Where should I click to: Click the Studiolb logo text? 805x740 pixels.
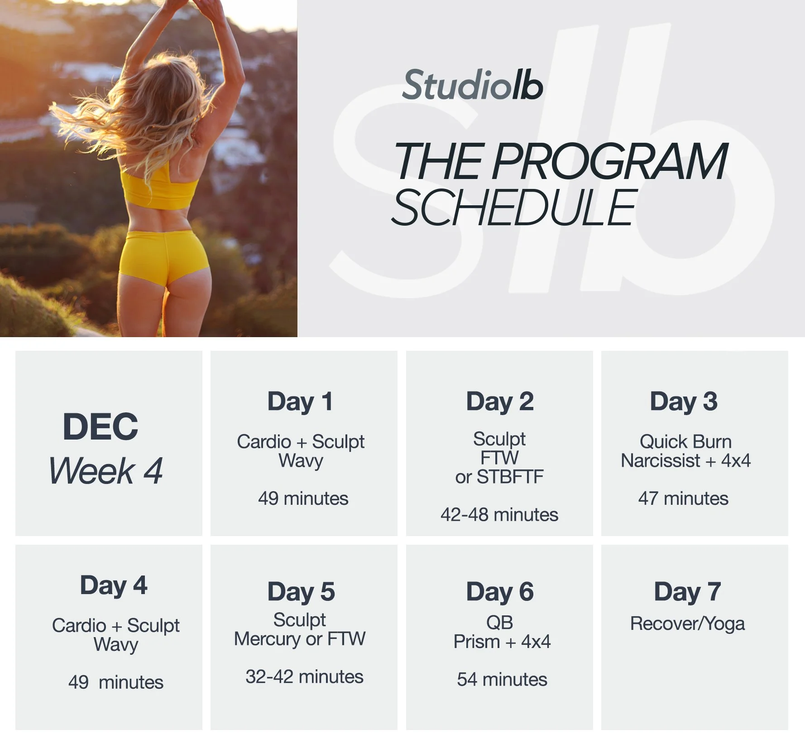[472, 85]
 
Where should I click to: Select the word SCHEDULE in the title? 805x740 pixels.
[514, 208]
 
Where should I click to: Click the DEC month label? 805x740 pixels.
[100, 426]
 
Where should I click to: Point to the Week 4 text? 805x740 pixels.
[105, 471]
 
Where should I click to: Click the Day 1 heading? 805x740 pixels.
[300, 401]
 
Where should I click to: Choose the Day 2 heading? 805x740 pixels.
[500, 401]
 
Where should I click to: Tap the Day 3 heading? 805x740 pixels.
[684, 401]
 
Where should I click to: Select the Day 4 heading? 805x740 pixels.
[114, 585]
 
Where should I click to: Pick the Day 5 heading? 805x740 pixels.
[301, 592]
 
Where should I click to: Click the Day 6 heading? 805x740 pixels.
[500, 592]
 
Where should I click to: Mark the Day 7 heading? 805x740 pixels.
[687, 592]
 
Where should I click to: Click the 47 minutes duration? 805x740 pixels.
[683, 498]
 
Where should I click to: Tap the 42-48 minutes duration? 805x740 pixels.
[499, 515]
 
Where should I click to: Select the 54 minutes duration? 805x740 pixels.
[502, 679]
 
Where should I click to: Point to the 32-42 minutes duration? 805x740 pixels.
[304, 677]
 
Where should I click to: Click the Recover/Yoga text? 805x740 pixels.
[687, 624]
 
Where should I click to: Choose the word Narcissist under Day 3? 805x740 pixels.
[661, 461]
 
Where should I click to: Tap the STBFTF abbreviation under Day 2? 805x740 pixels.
[510, 477]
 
